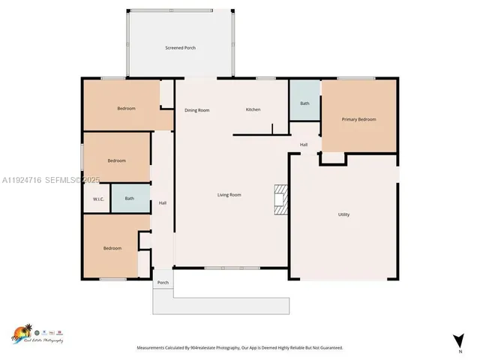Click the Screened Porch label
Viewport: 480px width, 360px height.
(180, 48)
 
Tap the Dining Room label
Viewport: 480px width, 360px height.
(196, 110)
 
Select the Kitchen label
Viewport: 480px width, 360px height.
(253, 109)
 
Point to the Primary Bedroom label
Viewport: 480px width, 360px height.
(358, 119)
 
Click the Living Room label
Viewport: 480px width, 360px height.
(229, 195)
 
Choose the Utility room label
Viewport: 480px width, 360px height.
(343, 214)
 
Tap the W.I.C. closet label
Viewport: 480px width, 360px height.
(98, 199)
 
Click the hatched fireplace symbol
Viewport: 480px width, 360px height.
(280, 199)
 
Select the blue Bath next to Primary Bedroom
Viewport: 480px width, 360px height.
(304, 103)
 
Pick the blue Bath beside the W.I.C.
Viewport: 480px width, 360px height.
(130, 199)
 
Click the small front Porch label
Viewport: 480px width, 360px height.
(163, 283)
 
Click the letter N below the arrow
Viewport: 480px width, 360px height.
(459, 350)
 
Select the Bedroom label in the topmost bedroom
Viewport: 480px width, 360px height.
(126, 109)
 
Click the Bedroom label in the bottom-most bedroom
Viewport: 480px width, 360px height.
(112, 248)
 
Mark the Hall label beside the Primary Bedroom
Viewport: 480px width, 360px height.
(304, 145)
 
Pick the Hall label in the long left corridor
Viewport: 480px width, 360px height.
(162, 202)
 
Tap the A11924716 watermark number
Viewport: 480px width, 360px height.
(22, 181)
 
